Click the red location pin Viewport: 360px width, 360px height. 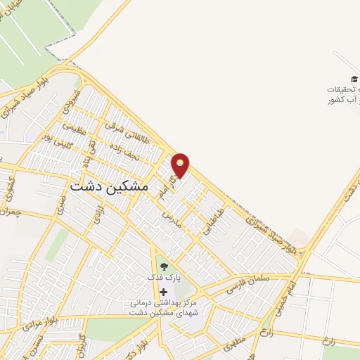[x=181, y=165]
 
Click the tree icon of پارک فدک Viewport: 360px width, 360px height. [x=164, y=266]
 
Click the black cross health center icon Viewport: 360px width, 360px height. [x=164, y=292]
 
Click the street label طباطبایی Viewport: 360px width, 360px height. [x=213, y=219]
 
